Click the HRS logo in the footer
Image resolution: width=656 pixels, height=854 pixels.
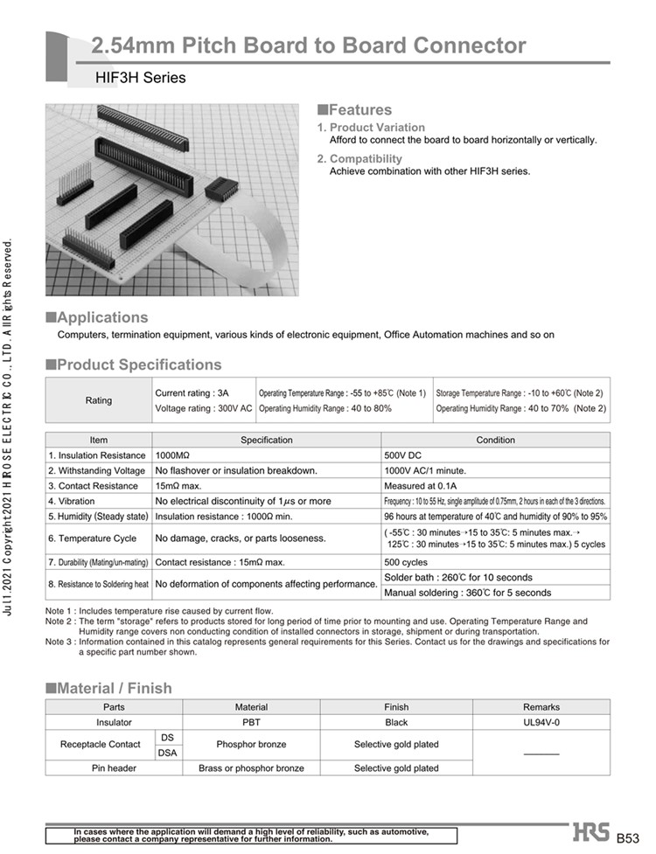592,831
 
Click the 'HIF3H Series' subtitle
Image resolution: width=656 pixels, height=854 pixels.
140,78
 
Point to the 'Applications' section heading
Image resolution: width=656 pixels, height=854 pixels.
101,317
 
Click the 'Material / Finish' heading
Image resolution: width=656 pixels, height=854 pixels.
114,688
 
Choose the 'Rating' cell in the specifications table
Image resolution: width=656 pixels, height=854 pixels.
98,400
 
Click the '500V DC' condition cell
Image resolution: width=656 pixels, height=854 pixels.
403,455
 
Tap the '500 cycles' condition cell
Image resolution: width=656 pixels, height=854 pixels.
406,561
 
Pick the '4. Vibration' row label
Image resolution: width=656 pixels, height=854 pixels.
80,501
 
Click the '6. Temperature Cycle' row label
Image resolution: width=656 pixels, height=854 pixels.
92,538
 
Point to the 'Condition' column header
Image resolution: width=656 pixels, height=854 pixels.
495,440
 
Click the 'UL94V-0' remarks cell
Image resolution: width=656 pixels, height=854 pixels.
541,723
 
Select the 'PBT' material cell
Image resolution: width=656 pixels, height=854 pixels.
252,723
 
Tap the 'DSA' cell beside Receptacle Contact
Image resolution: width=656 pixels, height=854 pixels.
167,753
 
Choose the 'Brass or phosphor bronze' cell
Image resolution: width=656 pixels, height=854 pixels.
252,768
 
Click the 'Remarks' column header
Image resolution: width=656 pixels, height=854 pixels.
541,707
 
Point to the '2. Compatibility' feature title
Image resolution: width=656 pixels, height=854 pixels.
359,158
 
